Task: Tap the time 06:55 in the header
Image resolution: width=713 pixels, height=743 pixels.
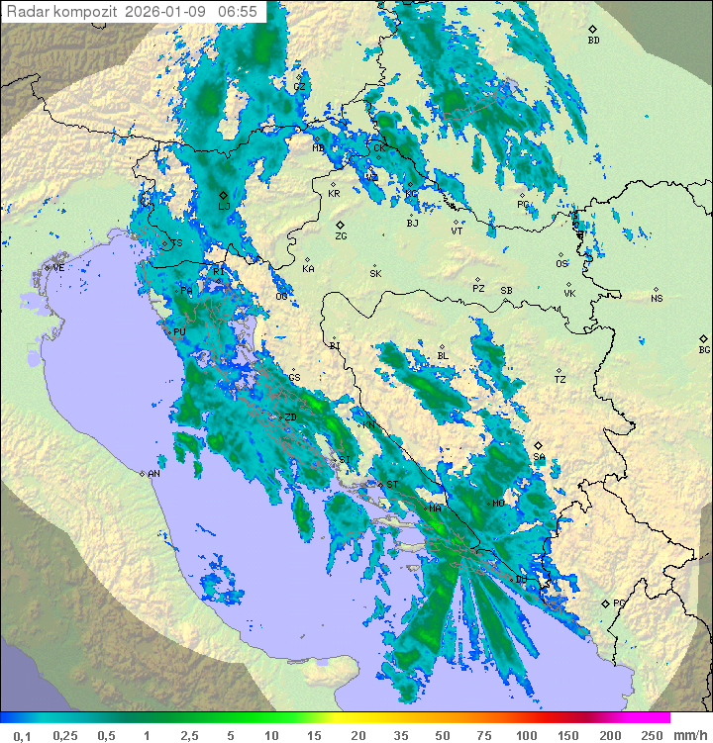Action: (x=239, y=11)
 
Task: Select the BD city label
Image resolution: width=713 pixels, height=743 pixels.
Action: (x=593, y=41)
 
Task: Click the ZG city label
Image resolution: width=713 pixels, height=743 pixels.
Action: (x=341, y=236)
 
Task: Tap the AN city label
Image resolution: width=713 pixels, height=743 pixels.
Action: (x=153, y=474)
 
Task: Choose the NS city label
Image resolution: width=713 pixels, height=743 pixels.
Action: (x=657, y=299)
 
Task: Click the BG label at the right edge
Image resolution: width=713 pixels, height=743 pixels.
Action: (x=704, y=350)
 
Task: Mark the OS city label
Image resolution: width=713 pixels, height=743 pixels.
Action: (x=561, y=264)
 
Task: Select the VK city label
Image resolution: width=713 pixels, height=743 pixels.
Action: (x=569, y=294)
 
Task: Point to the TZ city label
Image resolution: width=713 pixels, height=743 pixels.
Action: (x=560, y=380)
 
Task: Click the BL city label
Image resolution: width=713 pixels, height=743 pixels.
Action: (x=443, y=356)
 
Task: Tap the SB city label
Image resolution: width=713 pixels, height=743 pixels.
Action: (x=506, y=291)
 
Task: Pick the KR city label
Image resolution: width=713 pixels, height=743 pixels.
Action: (x=334, y=194)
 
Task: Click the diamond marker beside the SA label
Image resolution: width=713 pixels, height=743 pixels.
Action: (x=538, y=445)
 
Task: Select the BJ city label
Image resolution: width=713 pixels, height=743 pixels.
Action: (x=413, y=224)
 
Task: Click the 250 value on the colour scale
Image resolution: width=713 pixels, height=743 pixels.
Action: (x=652, y=735)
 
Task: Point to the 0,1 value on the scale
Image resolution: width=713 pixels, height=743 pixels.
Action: (x=22, y=735)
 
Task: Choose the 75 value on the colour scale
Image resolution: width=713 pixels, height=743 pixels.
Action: (x=483, y=735)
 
